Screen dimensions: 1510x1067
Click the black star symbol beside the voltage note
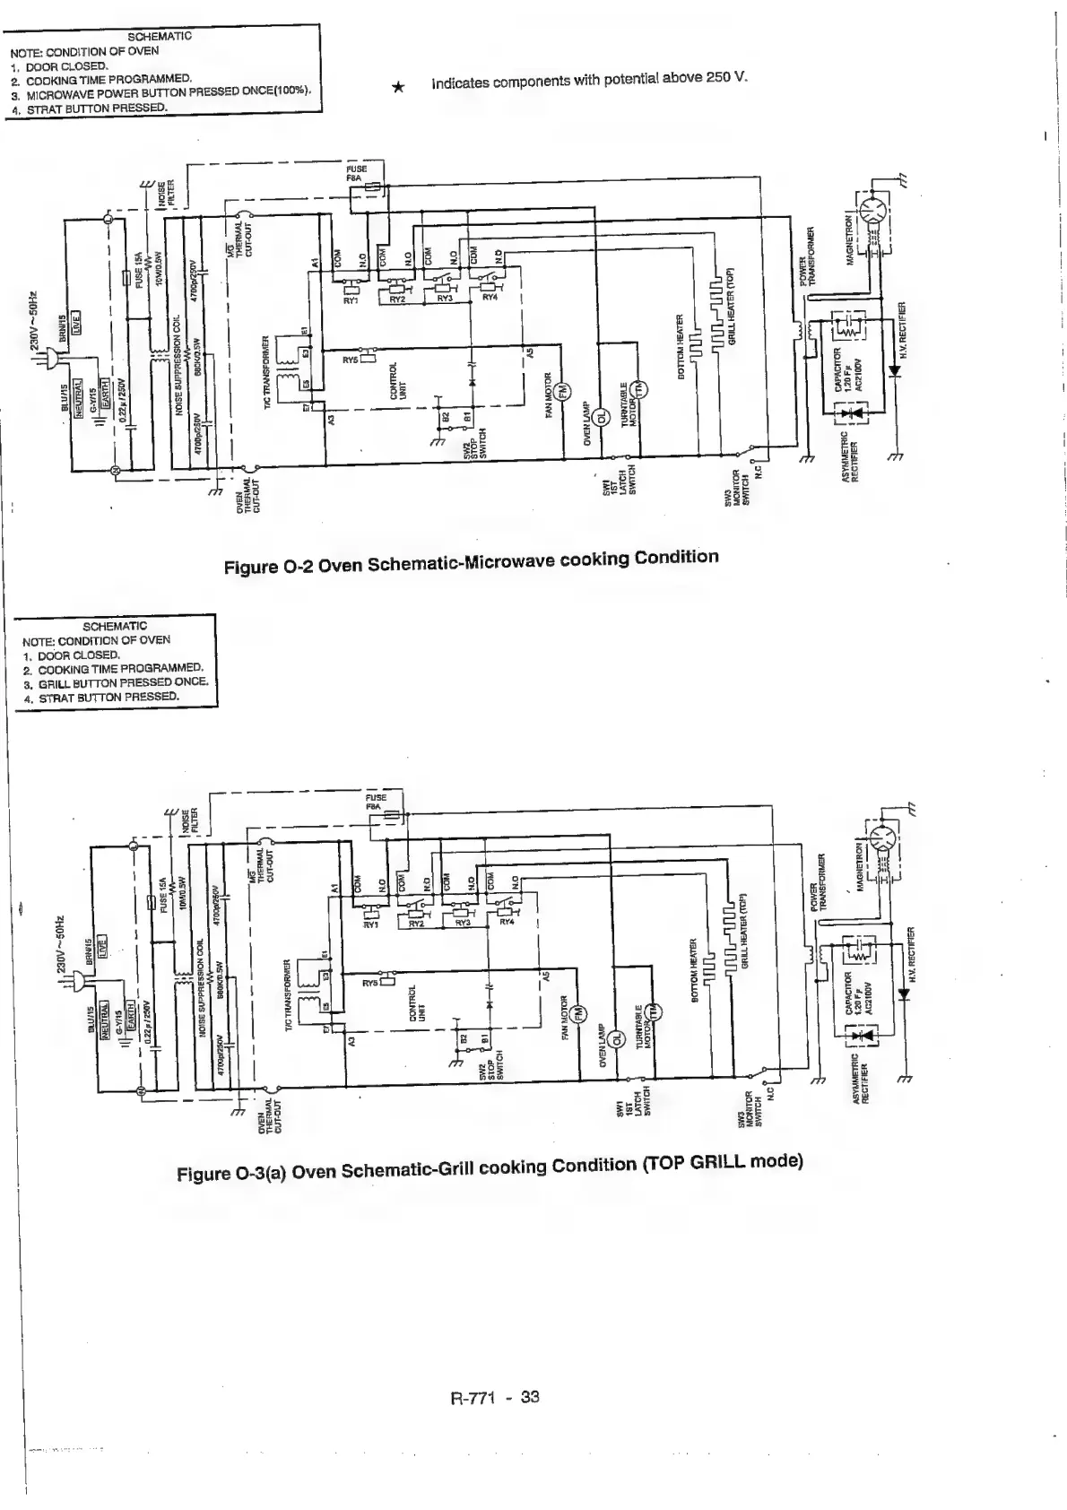click(399, 87)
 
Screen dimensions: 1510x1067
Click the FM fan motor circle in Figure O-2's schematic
click(563, 391)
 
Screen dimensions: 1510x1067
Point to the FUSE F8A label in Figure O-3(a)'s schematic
click(376, 803)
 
